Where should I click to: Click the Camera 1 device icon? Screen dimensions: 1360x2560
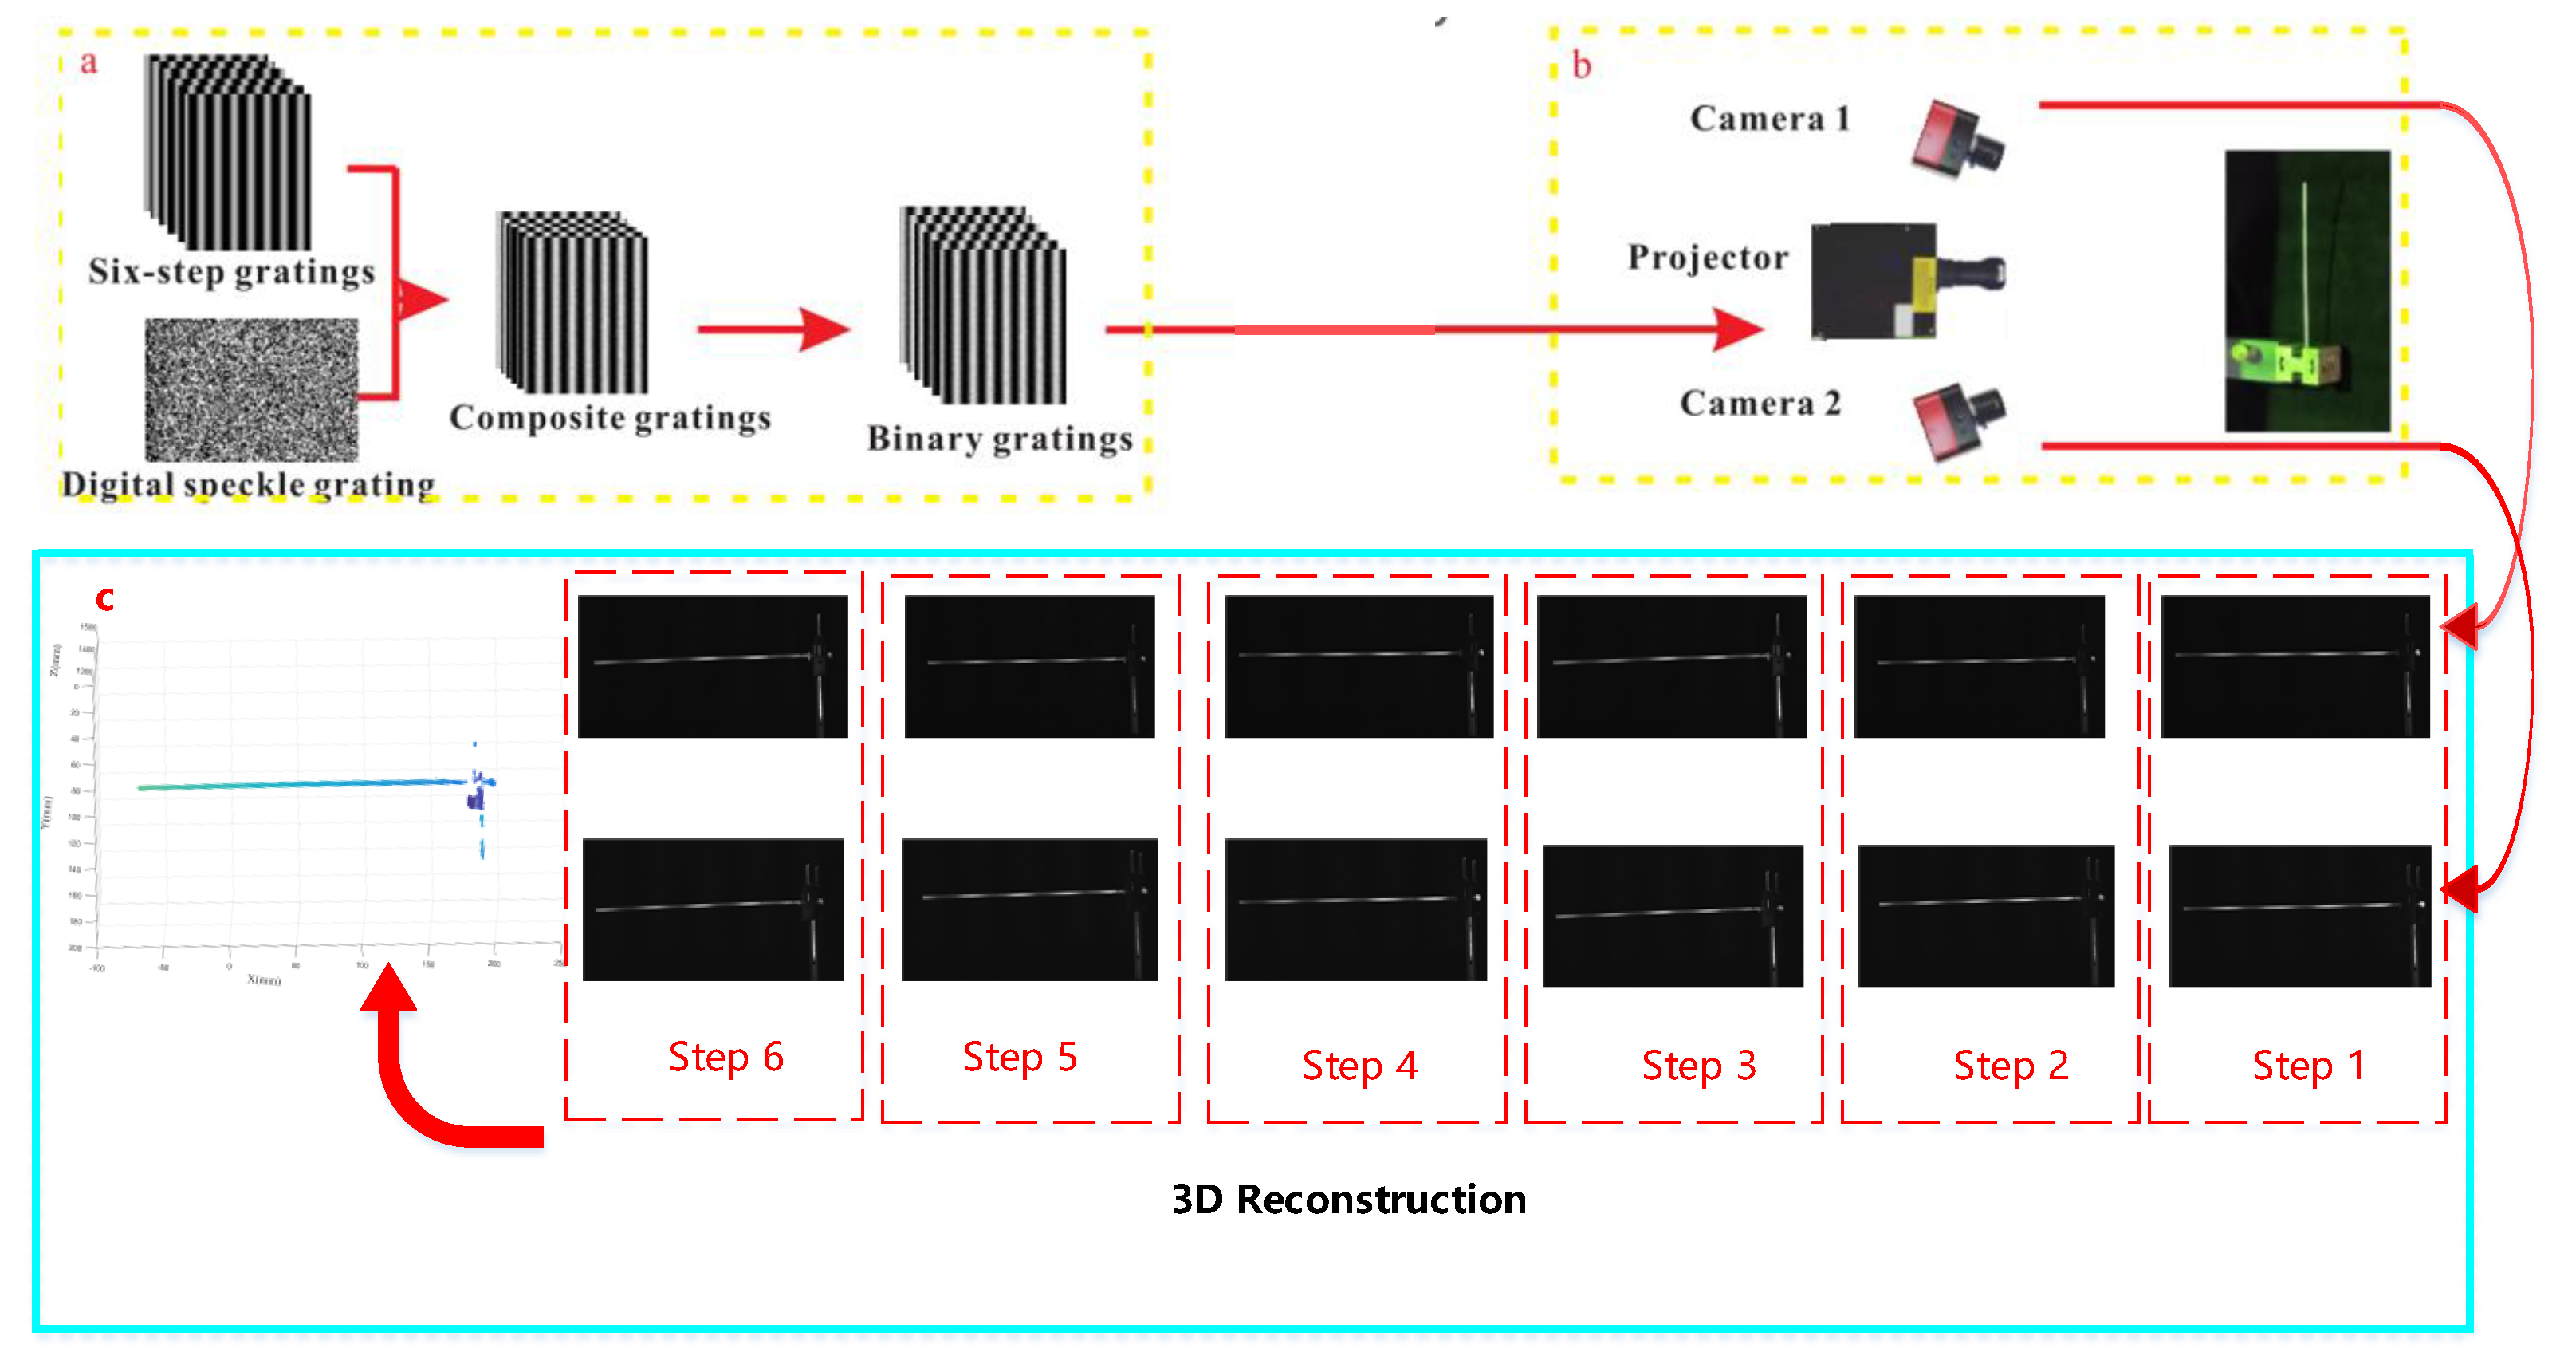[1956, 141]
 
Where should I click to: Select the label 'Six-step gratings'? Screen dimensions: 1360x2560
[231, 271]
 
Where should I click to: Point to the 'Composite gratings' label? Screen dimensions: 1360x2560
[609, 417]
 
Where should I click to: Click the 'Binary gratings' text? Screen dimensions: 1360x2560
[999, 439]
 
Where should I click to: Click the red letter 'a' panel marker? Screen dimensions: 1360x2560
[88, 63]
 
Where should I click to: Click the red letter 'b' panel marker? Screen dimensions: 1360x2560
[1581, 67]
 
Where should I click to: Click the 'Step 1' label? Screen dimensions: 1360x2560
[2306, 1066]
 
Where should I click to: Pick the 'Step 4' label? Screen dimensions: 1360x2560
[1359, 1066]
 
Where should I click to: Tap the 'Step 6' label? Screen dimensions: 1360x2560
[726, 1057]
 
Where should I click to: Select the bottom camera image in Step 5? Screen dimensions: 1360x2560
[1028, 909]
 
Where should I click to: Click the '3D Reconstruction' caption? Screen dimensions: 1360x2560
[1349, 1199]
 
